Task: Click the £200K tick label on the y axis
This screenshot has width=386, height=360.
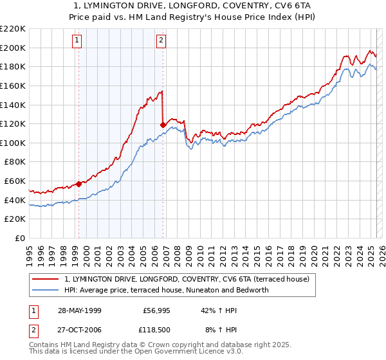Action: [13, 48]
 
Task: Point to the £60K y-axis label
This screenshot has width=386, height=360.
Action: [15, 181]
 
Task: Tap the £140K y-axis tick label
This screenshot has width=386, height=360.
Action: [13, 105]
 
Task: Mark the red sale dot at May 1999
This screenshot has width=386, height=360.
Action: [79, 183]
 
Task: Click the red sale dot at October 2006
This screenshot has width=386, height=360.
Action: [163, 125]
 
